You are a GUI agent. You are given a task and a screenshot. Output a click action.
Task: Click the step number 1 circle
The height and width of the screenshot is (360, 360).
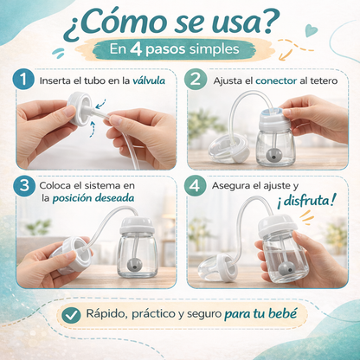[23, 79]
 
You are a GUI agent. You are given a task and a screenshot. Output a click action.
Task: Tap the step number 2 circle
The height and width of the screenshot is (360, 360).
[196, 79]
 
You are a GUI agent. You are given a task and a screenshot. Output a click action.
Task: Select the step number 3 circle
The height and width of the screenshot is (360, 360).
[24, 185]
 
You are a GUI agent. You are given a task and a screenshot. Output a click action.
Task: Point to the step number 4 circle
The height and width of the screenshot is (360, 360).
[195, 185]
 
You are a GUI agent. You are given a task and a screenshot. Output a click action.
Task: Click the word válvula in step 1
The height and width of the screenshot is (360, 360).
[149, 80]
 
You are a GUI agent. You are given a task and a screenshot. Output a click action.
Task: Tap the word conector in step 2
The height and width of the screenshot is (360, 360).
[276, 80]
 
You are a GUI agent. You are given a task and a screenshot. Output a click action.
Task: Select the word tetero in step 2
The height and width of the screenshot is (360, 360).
[324, 80]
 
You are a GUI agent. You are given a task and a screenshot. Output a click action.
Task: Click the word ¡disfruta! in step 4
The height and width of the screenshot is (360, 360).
[306, 201]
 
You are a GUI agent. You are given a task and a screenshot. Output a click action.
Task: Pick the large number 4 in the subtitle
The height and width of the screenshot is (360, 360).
[136, 49]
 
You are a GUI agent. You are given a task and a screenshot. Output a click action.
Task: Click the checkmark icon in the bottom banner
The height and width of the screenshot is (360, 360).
[71, 315]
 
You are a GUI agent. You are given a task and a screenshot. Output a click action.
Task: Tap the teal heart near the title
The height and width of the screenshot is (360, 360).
[312, 31]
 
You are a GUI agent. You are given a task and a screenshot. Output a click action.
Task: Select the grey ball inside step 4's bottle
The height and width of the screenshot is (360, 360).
[286, 269]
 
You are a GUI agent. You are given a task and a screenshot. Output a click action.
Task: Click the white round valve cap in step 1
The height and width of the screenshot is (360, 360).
[80, 108]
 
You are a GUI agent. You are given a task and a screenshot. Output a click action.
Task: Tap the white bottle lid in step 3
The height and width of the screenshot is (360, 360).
[137, 226]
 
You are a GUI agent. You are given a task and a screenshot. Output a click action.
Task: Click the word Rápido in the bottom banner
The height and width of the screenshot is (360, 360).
[107, 314]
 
